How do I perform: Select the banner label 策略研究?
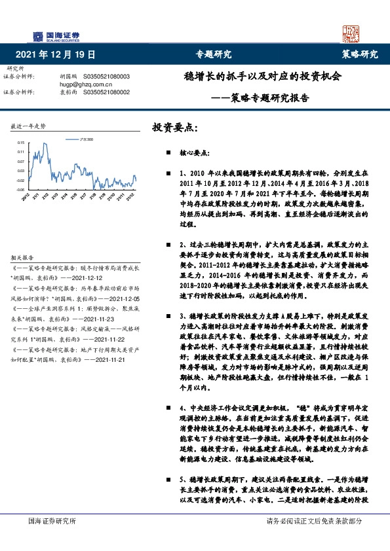(360, 54)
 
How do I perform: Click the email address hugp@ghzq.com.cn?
(87, 84)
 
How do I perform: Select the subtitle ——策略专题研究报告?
(262, 98)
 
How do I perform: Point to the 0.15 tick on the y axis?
(21, 142)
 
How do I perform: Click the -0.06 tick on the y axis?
(20, 190)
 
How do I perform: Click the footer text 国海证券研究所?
(52, 521)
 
